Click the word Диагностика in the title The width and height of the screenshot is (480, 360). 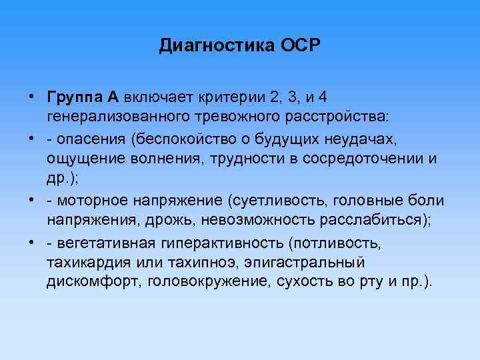209,46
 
